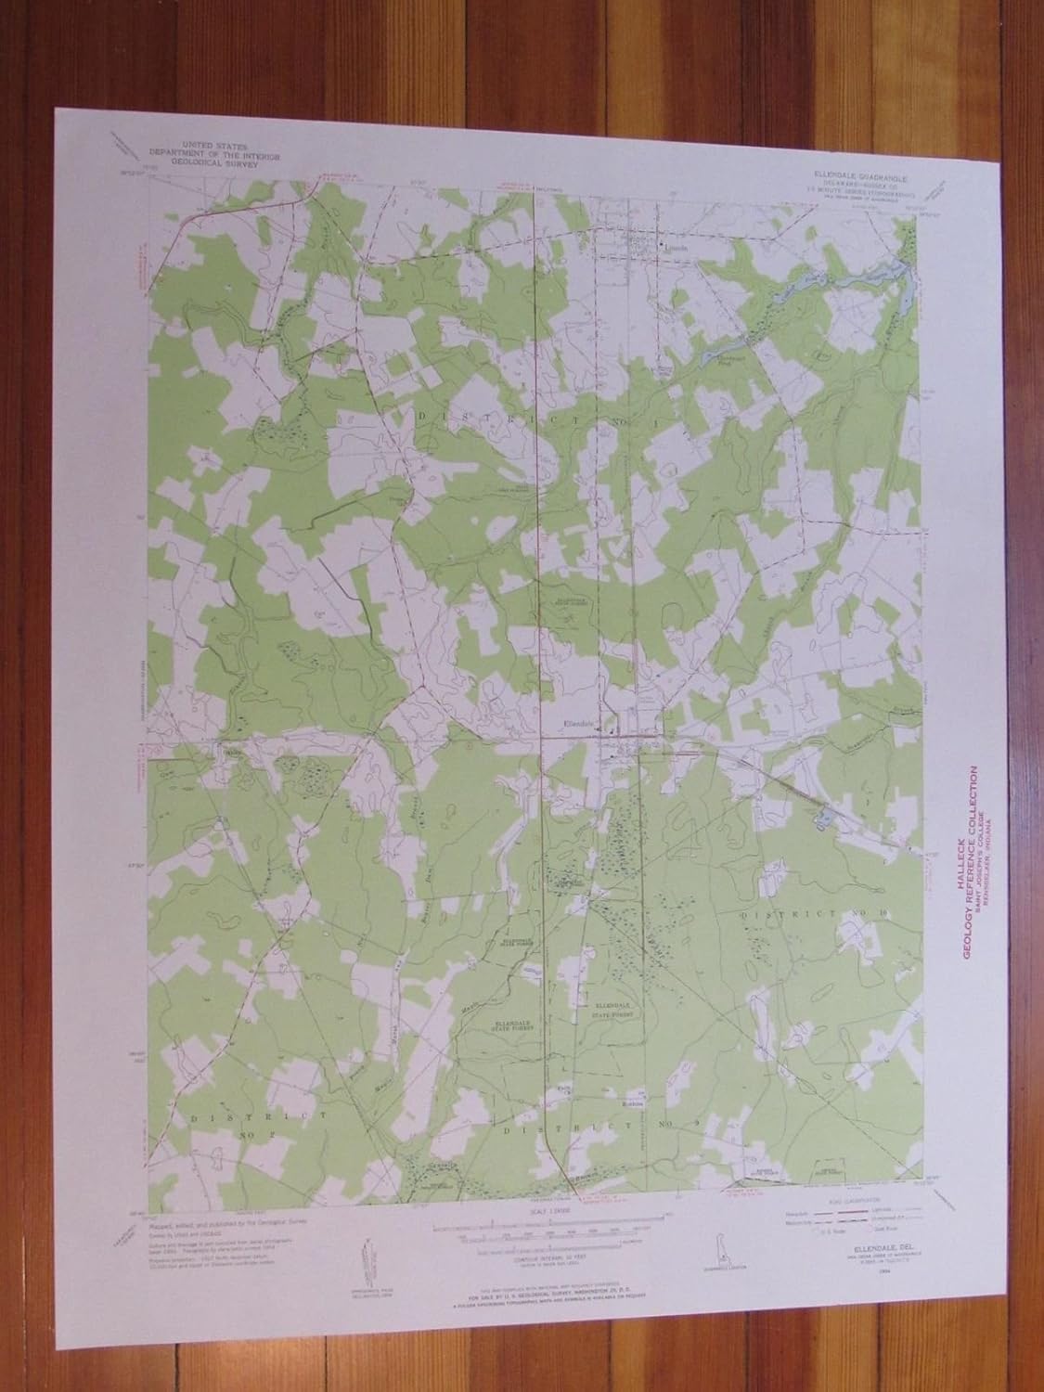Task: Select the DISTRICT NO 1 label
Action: pyautogui.click(x=526, y=418)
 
